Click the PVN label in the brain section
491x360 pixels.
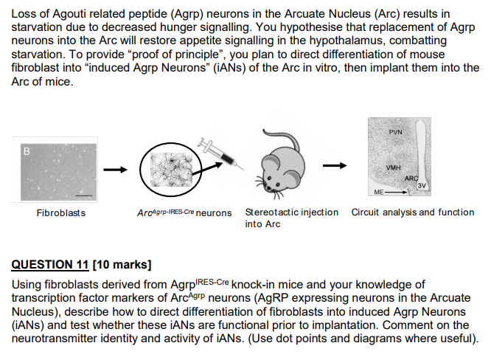396,133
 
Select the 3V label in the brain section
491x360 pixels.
422,185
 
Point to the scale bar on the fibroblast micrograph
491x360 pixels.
83,195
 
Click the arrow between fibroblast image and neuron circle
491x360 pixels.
114,170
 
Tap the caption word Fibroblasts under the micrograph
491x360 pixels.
61,213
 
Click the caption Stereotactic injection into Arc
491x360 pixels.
291,218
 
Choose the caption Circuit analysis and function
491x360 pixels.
413,212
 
